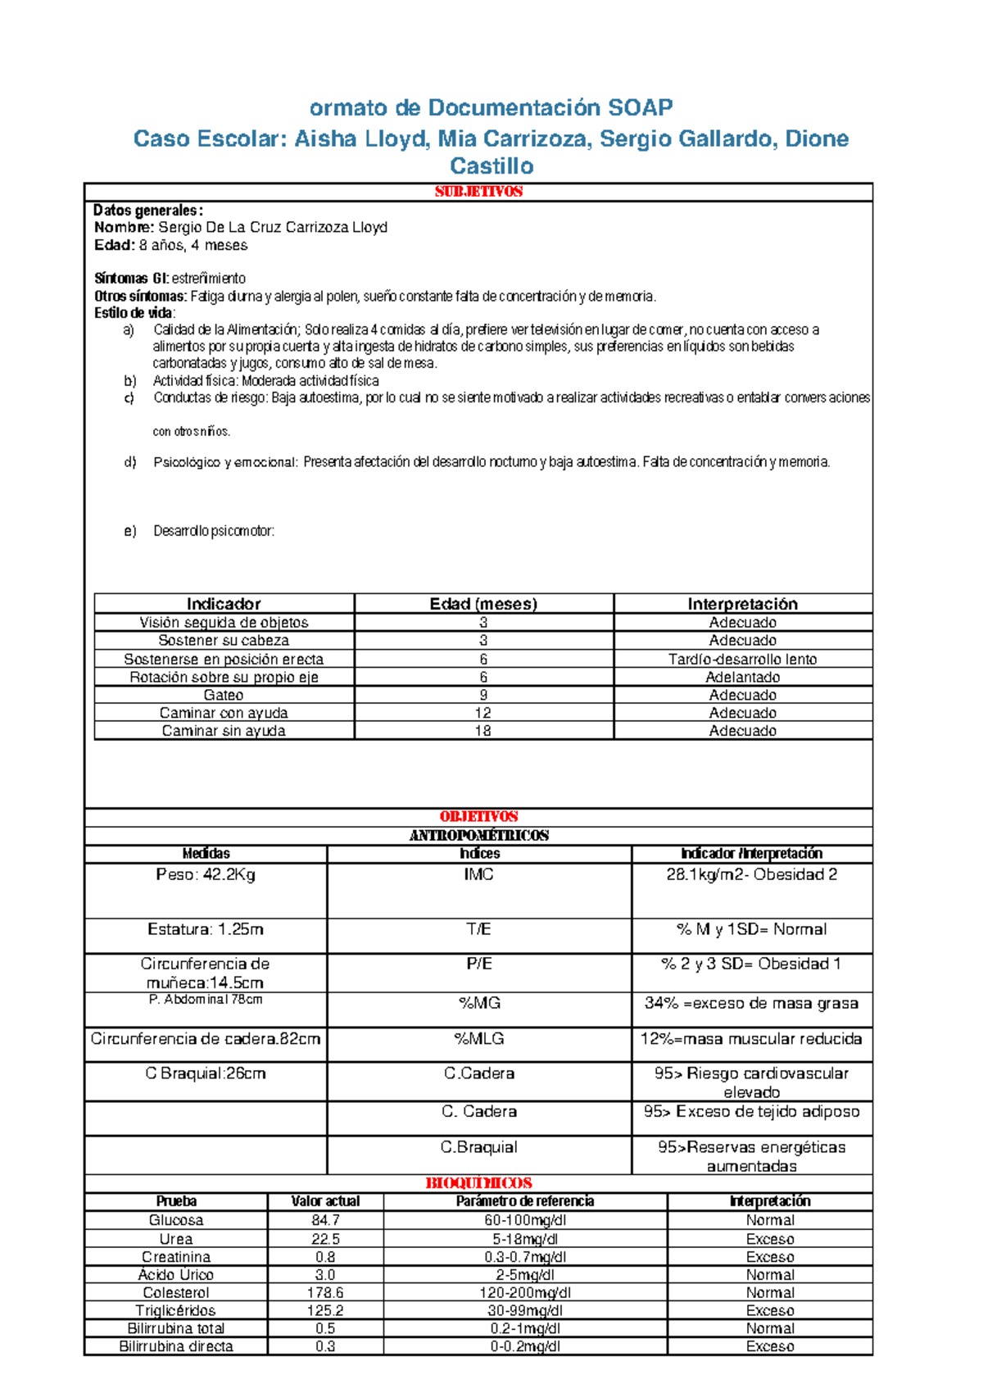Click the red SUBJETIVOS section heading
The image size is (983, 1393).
(x=478, y=192)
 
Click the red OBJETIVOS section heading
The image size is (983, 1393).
(x=478, y=817)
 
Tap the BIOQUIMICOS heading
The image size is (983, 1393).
(x=478, y=1183)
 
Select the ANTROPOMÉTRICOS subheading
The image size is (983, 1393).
(x=478, y=836)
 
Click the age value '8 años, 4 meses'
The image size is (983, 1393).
(x=193, y=245)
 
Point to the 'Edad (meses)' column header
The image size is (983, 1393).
(x=483, y=604)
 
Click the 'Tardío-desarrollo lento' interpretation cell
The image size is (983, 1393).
(x=742, y=660)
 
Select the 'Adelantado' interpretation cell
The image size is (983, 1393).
(x=742, y=678)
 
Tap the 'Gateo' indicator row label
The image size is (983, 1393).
(x=224, y=695)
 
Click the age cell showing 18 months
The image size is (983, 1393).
(x=483, y=731)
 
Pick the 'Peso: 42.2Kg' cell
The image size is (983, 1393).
(x=206, y=875)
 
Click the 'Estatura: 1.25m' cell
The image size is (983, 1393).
(x=206, y=929)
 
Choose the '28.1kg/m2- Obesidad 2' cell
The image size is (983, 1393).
(x=751, y=875)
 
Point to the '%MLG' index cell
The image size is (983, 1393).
(x=479, y=1039)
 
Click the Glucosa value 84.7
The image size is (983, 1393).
(x=325, y=1221)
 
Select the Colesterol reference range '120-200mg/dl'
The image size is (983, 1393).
(x=525, y=1293)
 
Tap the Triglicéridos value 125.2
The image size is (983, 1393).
(x=325, y=1311)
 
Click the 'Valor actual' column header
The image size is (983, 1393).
(x=325, y=1201)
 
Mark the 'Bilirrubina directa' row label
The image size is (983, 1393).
(x=176, y=1346)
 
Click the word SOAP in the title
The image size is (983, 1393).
(x=640, y=107)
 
